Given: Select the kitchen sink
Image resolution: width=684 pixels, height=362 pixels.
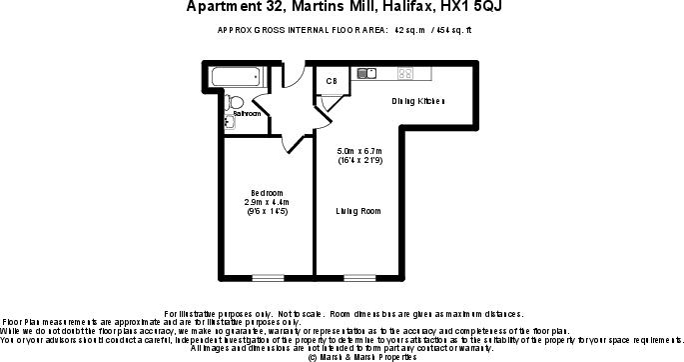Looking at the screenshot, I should [x=365, y=72].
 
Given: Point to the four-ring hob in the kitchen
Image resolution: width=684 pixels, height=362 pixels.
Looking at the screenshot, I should [x=405, y=72].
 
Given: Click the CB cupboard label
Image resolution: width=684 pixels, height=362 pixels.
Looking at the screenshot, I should [x=330, y=80].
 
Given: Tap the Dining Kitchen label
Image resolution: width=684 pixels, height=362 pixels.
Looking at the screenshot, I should [x=416, y=102].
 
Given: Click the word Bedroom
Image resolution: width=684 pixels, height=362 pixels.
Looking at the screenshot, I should [x=267, y=193].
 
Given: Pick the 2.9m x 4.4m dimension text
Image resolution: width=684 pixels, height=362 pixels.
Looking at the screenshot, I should [x=267, y=202].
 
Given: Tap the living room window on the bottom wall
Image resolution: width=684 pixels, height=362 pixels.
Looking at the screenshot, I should [x=359, y=276].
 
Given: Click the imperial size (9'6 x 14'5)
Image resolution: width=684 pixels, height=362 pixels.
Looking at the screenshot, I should [x=267, y=212].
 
